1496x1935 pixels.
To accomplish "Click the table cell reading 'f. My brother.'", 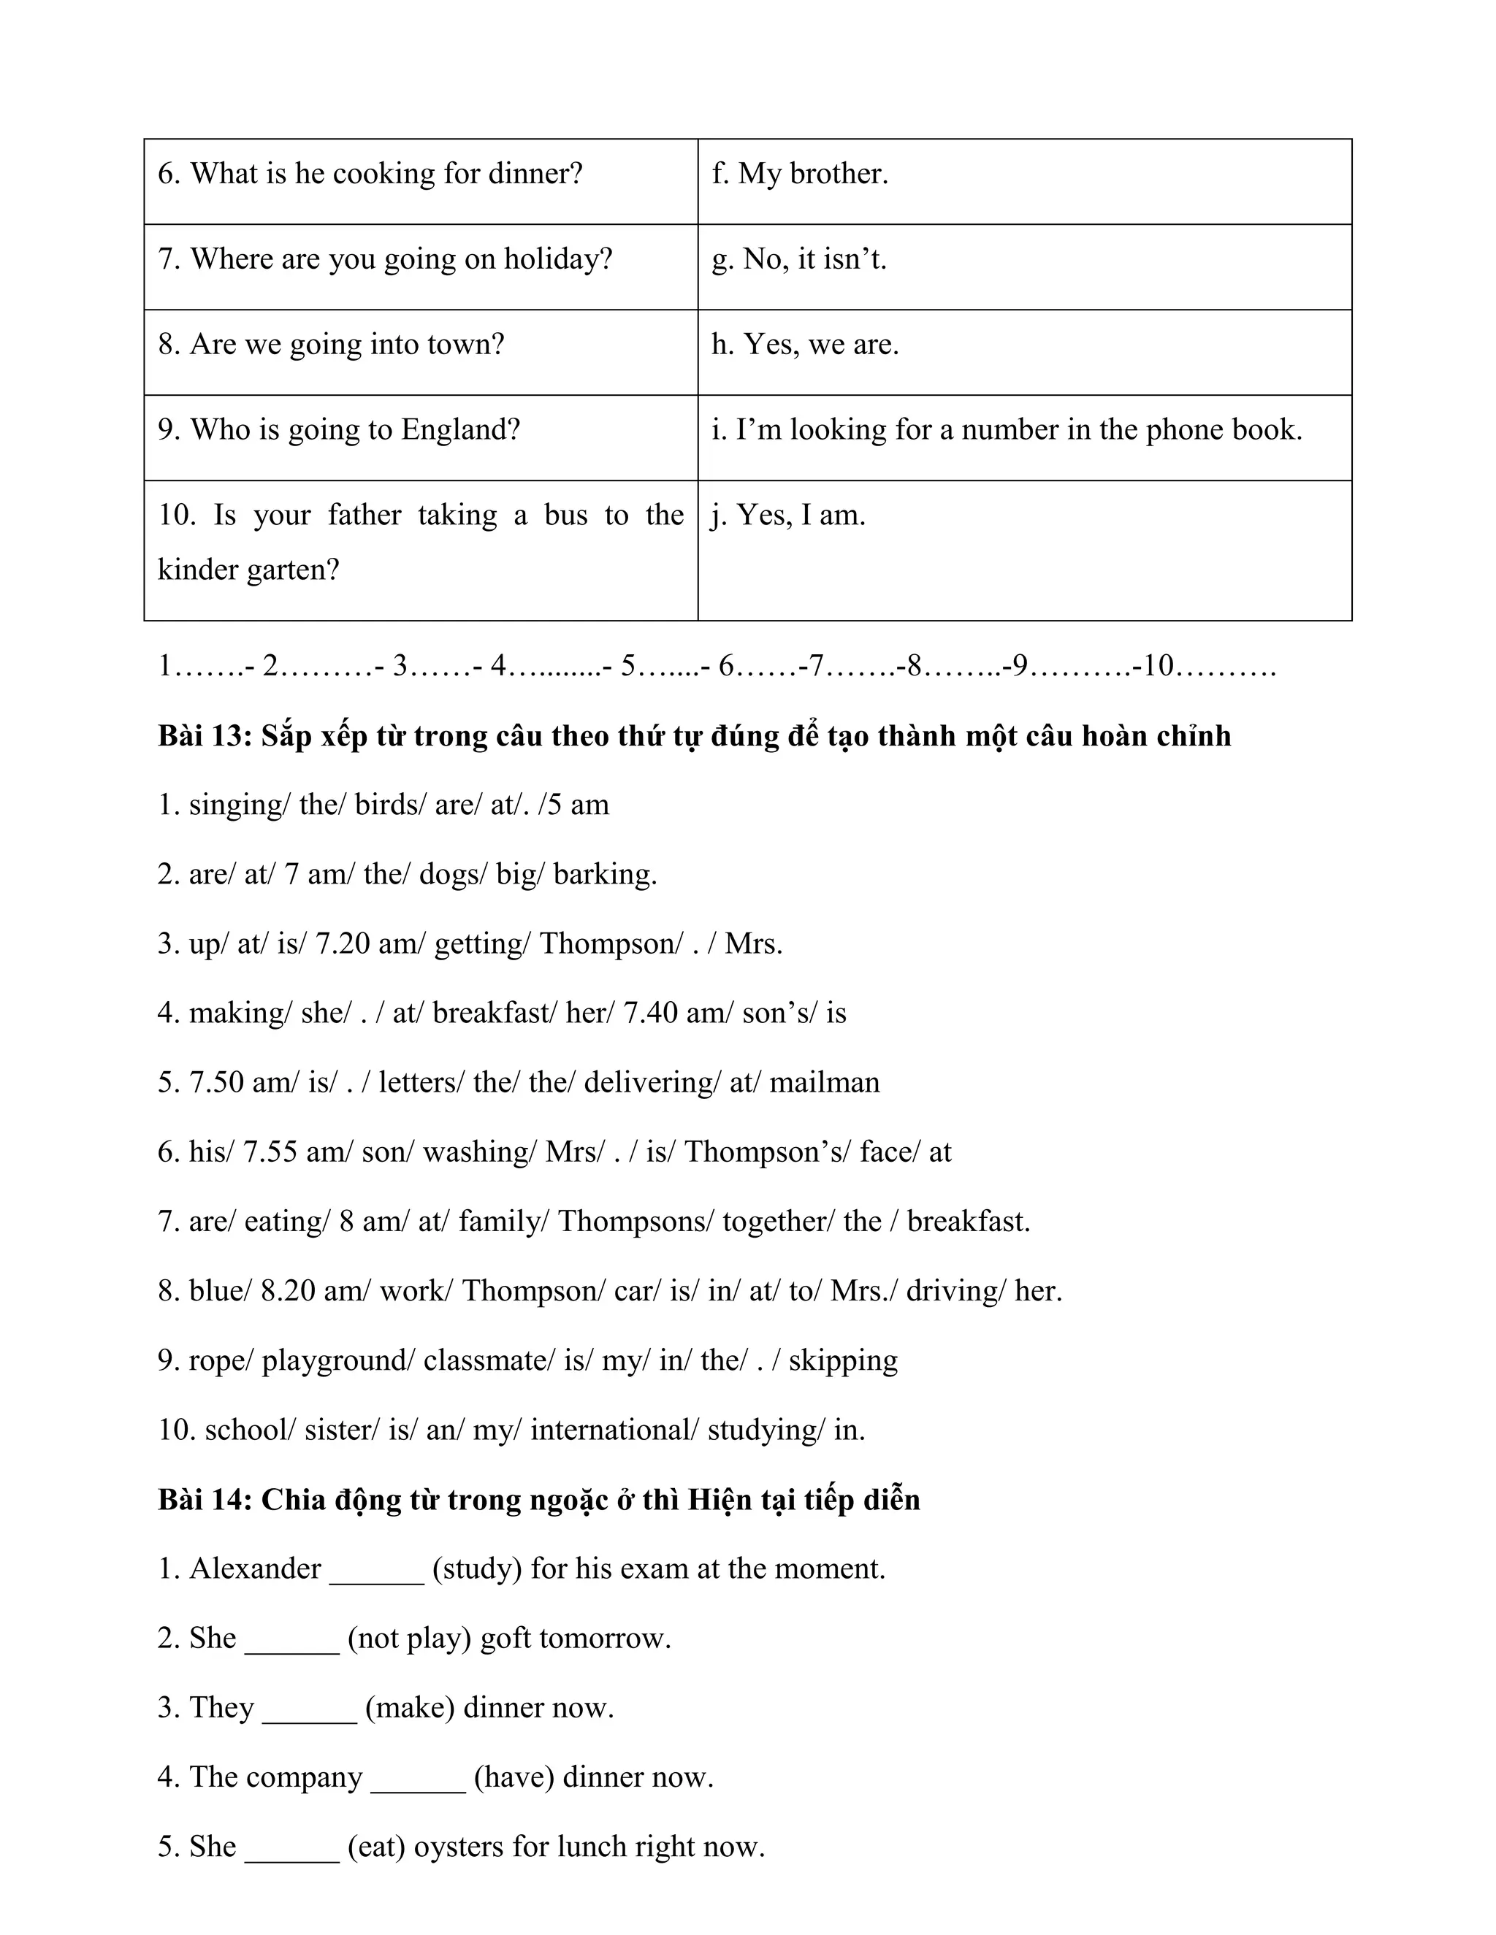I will pos(799,174).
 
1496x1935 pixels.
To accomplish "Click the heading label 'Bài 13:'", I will pos(205,736).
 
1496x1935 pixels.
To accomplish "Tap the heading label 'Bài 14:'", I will pos(205,1499).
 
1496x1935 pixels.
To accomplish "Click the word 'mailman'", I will pos(824,1083).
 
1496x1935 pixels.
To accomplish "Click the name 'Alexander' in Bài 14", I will pos(255,1569).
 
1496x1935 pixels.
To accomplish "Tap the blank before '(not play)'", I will pos(291,1640).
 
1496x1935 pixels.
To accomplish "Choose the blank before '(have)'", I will pos(417,1779).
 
